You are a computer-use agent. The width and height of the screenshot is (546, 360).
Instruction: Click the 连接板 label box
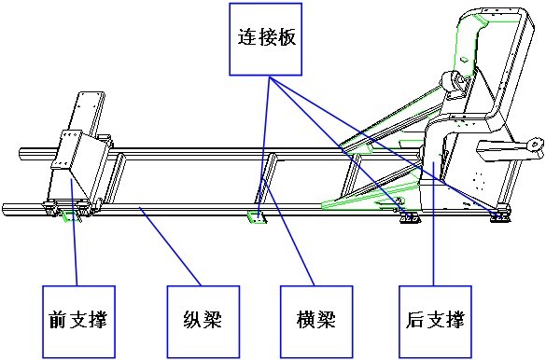(x=265, y=39)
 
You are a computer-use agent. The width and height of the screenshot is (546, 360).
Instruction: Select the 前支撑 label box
(x=78, y=322)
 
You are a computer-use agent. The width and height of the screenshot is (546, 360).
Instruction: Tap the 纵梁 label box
(x=203, y=322)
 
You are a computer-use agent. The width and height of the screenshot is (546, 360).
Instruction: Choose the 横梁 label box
(x=317, y=322)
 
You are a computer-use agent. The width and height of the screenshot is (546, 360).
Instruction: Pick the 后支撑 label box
(x=435, y=322)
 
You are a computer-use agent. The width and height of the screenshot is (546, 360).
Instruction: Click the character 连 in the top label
(x=247, y=37)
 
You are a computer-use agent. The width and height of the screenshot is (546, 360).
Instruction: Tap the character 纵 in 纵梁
(x=193, y=320)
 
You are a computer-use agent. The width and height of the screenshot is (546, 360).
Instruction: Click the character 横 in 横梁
(x=307, y=320)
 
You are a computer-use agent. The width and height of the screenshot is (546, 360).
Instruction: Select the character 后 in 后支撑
(x=415, y=320)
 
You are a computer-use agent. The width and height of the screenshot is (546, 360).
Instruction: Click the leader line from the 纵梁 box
(x=171, y=246)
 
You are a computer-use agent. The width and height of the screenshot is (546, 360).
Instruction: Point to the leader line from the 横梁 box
(x=288, y=231)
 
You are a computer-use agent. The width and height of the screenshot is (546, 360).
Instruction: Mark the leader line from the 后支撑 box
(x=433, y=224)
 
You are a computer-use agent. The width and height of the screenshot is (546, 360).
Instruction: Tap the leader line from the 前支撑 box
(x=74, y=232)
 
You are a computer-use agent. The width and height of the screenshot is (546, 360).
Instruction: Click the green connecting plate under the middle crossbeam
(x=257, y=217)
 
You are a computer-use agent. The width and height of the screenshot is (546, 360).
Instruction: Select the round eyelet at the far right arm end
(x=536, y=144)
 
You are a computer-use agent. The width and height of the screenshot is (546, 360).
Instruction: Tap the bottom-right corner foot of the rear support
(x=500, y=216)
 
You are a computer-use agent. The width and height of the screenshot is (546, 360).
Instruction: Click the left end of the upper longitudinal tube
(x=21, y=154)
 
